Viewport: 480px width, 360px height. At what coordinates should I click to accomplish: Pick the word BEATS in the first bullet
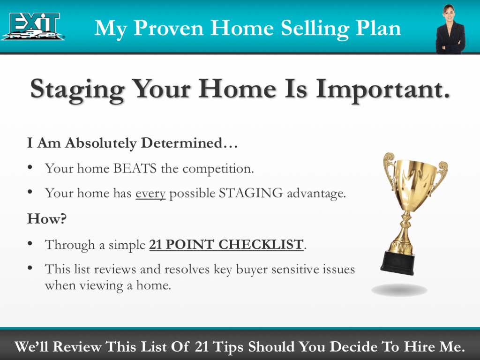[x=135, y=169]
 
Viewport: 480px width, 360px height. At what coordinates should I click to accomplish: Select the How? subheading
[x=47, y=219]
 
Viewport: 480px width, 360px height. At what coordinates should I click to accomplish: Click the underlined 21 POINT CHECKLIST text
[x=226, y=245]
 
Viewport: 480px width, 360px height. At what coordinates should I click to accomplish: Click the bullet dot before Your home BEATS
[x=30, y=167]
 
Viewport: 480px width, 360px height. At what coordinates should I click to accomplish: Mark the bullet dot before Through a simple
[x=30, y=243]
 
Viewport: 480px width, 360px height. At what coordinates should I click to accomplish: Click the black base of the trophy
[x=398, y=262]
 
